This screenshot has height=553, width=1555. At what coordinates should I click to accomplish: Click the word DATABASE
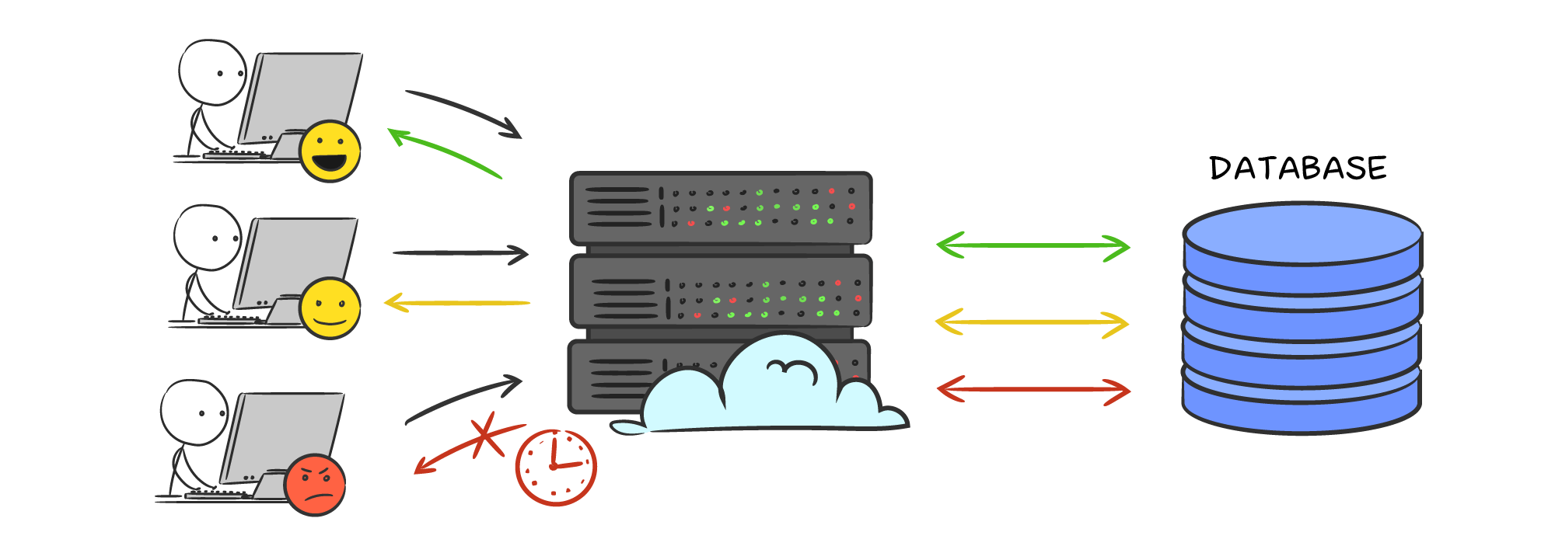point(1298,169)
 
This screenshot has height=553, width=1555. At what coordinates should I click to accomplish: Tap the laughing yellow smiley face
point(330,151)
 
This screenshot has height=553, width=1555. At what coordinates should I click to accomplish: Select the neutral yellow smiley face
point(330,308)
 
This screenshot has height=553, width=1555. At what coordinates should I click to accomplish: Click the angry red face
point(315,485)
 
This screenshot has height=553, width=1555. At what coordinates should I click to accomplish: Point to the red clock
point(556,468)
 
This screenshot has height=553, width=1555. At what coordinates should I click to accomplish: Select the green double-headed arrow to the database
point(1033,246)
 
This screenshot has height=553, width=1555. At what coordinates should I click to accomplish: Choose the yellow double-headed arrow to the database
point(1033,322)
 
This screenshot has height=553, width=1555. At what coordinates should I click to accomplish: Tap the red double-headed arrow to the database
point(1033,390)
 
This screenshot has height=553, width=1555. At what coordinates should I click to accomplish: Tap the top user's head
point(211,72)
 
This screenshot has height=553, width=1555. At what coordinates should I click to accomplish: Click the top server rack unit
point(721,207)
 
